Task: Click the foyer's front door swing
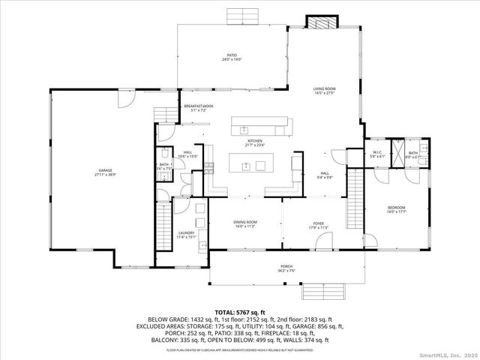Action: click(324, 241)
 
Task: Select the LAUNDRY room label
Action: click(186, 234)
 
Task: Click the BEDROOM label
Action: click(396, 209)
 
